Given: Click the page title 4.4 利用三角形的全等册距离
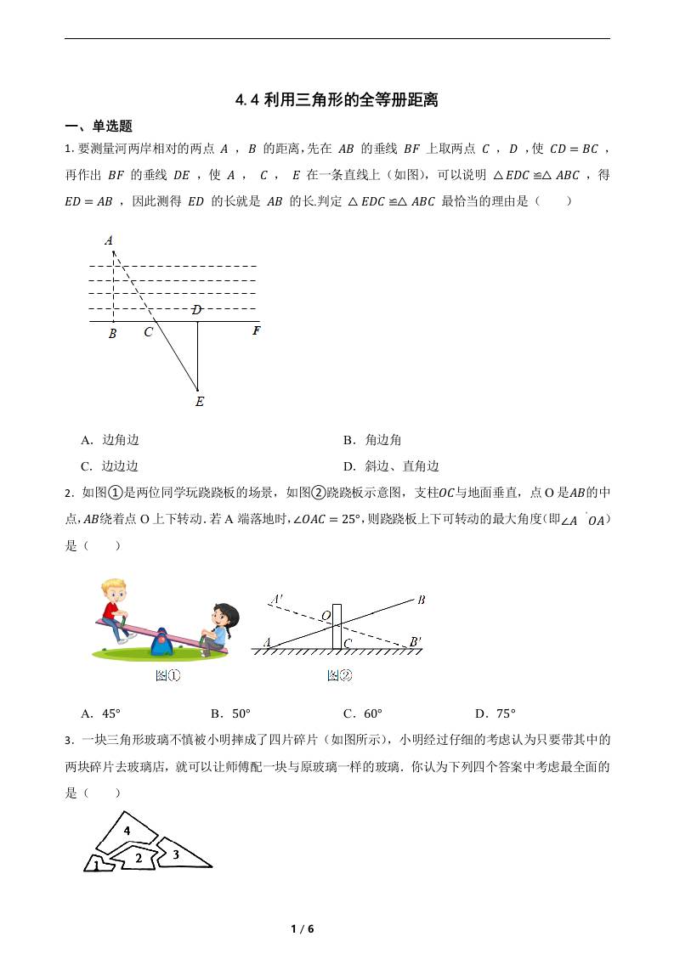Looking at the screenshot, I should click(x=337, y=100).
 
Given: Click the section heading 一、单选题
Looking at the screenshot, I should click(x=99, y=127).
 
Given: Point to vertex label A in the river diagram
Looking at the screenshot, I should click(x=109, y=241).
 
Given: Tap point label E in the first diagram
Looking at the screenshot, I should click(x=199, y=402).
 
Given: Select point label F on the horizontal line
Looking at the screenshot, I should click(x=256, y=331).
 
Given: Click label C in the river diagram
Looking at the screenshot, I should click(x=148, y=333).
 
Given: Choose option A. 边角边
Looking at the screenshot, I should click(x=110, y=440).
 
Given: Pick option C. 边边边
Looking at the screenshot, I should click(x=110, y=466).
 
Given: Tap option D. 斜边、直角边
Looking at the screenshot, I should click(x=391, y=466).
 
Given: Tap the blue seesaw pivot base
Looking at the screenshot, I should click(x=161, y=644).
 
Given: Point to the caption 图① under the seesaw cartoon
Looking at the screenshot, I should click(x=167, y=676).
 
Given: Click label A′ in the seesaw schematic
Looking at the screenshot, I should click(x=276, y=601).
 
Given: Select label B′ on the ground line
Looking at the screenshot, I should click(x=415, y=642).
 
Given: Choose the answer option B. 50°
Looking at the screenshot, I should click(x=230, y=713).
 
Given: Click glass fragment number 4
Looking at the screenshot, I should click(x=127, y=830).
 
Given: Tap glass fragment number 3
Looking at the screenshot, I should click(x=176, y=854).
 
